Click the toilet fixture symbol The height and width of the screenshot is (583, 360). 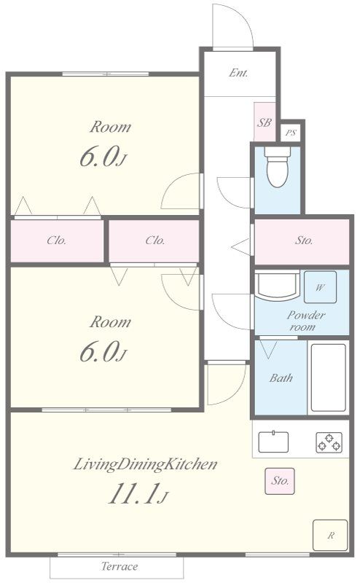tap(278, 167)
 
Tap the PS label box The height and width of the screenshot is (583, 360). tap(291, 133)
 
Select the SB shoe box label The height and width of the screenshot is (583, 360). tap(265, 122)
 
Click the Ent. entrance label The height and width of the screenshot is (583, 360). tap(238, 73)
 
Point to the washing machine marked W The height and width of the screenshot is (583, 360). tap(320, 287)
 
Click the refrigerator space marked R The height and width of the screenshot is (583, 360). tap(330, 535)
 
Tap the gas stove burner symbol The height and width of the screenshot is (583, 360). tap(329, 442)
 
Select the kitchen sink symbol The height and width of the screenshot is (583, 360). tap(273, 442)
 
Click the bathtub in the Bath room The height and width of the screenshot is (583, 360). tap(329, 377)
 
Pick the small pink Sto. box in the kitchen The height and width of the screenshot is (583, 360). tap(280, 481)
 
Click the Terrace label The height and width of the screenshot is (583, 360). tap(120, 566)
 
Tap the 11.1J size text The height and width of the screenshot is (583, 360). tap(138, 494)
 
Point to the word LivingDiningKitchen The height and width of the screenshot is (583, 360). tap(145, 464)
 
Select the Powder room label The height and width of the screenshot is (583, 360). tap(305, 321)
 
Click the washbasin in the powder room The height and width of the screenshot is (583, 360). tap(277, 286)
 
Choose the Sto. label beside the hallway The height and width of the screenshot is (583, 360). tap(304, 240)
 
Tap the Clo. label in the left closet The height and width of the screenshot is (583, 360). tap(57, 240)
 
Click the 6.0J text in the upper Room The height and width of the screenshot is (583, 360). tap(103, 156)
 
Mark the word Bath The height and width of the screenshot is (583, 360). tap(281, 378)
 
